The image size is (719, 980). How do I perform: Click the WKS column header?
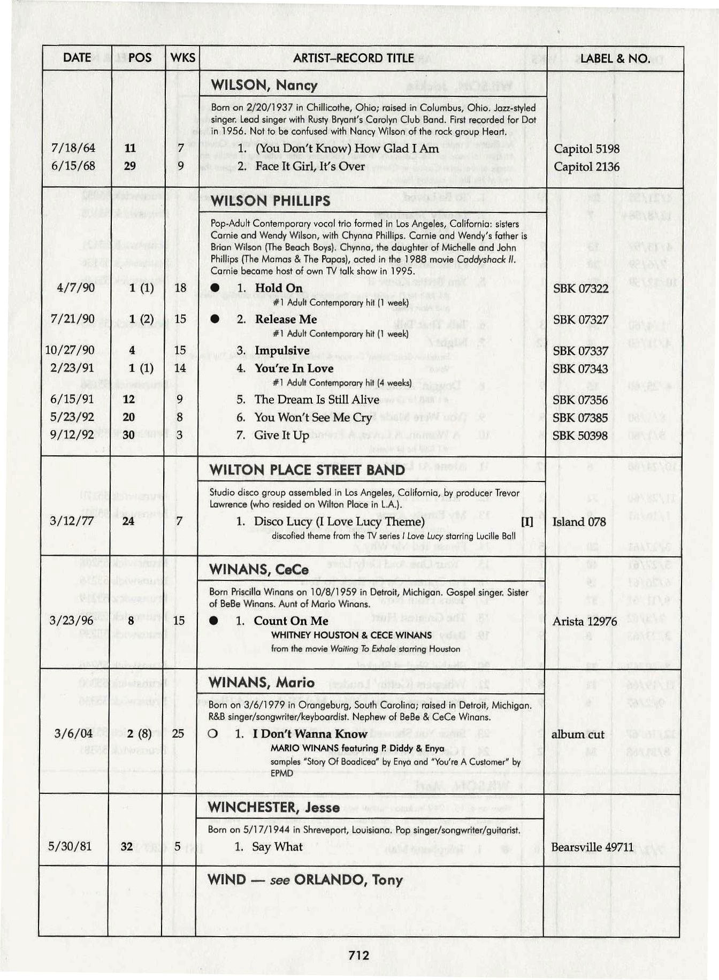click(182, 58)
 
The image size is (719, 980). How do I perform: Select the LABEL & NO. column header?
click(615, 58)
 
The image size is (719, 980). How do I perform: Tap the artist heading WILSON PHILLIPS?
click(270, 201)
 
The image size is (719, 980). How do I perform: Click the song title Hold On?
click(278, 288)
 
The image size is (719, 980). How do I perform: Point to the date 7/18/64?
click(73, 148)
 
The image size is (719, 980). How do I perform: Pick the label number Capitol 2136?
click(586, 167)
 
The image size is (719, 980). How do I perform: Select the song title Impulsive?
click(282, 350)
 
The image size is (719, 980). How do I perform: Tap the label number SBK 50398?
click(580, 435)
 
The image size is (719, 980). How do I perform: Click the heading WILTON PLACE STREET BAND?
click(307, 470)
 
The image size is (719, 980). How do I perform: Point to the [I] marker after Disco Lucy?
click(527, 522)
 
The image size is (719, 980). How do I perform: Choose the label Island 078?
click(579, 522)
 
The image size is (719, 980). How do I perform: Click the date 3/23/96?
click(71, 621)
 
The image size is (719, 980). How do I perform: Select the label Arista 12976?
click(584, 622)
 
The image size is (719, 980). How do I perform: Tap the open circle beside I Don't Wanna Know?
click(213, 734)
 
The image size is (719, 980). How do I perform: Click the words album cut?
click(577, 734)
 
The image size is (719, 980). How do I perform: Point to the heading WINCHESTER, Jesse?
click(273, 807)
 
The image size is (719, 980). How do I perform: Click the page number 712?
click(358, 955)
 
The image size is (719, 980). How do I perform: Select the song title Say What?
click(277, 847)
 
